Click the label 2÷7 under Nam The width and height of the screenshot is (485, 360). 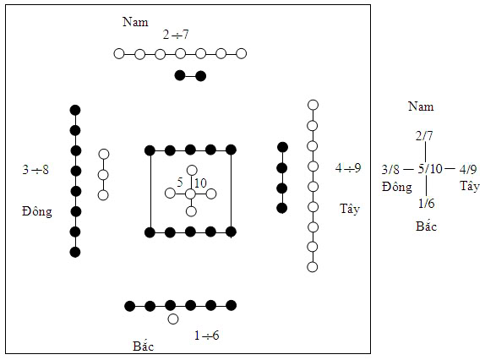point(176,35)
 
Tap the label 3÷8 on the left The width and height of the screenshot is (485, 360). point(35,170)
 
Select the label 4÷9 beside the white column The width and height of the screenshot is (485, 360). point(348,168)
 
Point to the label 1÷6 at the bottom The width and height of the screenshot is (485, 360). point(206,335)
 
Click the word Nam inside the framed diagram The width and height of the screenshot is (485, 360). point(135,22)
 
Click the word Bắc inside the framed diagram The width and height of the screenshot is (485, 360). point(143,346)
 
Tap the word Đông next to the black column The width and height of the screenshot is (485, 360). point(37,212)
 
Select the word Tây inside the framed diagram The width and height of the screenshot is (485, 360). point(350,209)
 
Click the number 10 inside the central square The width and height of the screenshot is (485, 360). point(200,183)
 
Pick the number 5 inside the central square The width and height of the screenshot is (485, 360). point(180,183)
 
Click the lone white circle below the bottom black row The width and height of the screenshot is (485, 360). point(173,319)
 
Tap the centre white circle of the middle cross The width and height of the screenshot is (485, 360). point(191,194)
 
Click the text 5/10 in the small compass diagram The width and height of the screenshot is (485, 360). point(430,169)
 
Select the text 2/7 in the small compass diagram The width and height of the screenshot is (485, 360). point(424,136)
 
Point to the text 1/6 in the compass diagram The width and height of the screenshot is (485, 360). point(426,203)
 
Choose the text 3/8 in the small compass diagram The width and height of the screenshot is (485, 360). point(390,170)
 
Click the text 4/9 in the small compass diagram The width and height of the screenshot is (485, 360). point(468,169)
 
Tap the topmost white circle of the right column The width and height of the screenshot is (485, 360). point(313,105)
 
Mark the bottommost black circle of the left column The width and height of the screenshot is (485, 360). point(75,252)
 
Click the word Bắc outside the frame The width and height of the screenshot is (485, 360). point(426,226)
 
